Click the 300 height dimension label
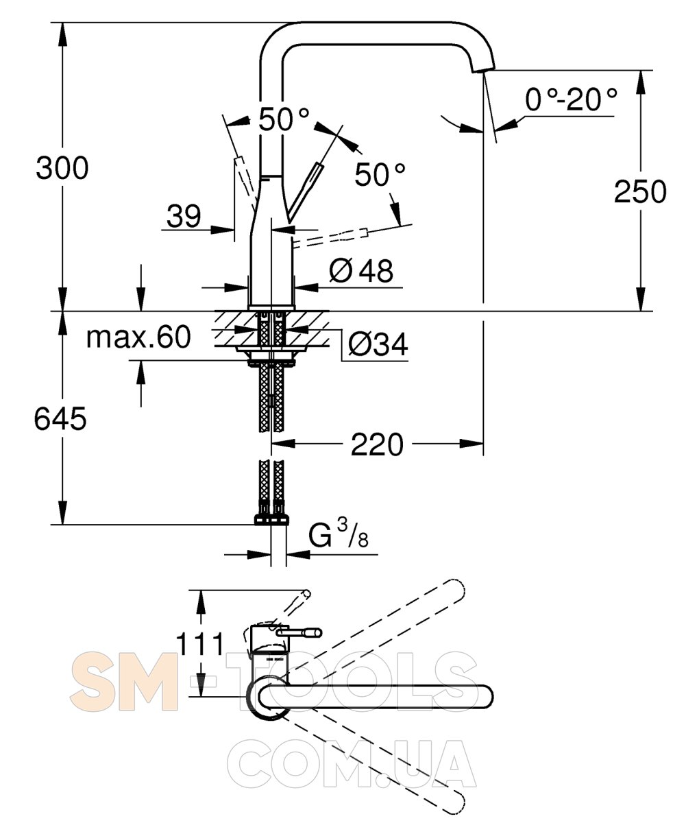pyautogui.click(x=62, y=168)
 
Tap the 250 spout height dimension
pyautogui.click(x=640, y=191)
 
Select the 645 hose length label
pyautogui.click(x=60, y=418)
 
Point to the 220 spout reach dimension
pyautogui.click(x=377, y=444)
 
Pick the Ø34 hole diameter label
pyautogui.click(x=378, y=344)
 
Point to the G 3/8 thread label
pyautogui.click(x=339, y=534)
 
